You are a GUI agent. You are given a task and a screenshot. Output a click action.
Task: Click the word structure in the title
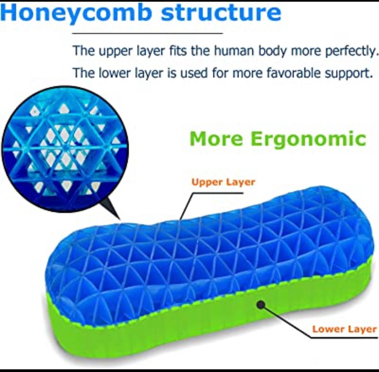[x=221, y=12]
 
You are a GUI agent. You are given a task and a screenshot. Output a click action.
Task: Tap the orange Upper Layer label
[x=223, y=182]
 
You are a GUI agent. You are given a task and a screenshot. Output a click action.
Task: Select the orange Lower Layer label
[x=344, y=329]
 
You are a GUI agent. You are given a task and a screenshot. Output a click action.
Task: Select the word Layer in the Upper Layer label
[x=240, y=182]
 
